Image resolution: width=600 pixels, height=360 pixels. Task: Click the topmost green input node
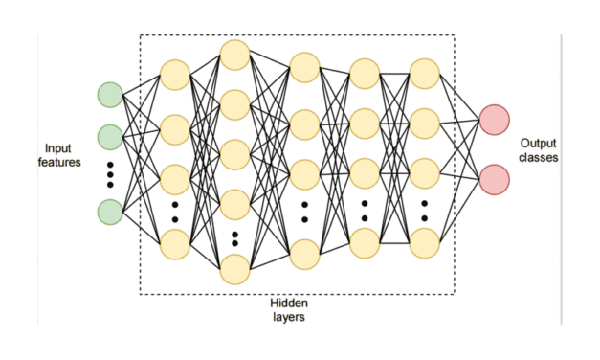click(x=109, y=95)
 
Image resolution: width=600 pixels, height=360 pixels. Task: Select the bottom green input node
click(x=109, y=212)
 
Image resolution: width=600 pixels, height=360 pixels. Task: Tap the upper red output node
click(x=495, y=120)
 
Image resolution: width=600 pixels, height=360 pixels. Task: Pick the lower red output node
click(x=495, y=179)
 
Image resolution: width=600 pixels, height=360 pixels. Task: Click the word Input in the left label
click(x=57, y=148)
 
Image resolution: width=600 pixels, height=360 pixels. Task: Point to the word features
click(x=58, y=163)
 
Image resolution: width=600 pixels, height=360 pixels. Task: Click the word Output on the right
click(x=537, y=142)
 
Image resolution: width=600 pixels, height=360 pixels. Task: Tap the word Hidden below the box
click(x=288, y=304)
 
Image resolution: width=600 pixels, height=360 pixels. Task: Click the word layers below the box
click(x=288, y=317)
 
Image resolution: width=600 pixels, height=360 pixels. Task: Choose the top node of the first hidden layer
click(x=175, y=75)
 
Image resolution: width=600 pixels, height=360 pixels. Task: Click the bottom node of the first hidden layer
click(x=175, y=244)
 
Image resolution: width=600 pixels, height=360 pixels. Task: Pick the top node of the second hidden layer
click(x=234, y=55)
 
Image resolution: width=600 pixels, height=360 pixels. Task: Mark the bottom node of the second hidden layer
click(x=234, y=269)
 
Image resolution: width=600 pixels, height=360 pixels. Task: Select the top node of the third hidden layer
click(x=304, y=67)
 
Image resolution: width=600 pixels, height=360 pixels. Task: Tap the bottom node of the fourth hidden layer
click(x=365, y=243)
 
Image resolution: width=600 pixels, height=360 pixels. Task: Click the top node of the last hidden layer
click(x=424, y=73)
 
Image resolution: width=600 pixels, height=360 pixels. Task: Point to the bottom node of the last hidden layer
click(x=424, y=243)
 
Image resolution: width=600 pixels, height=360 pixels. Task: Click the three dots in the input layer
click(x=109, y=174)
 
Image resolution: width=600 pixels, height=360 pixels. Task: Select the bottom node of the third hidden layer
click(x=304, y=253)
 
